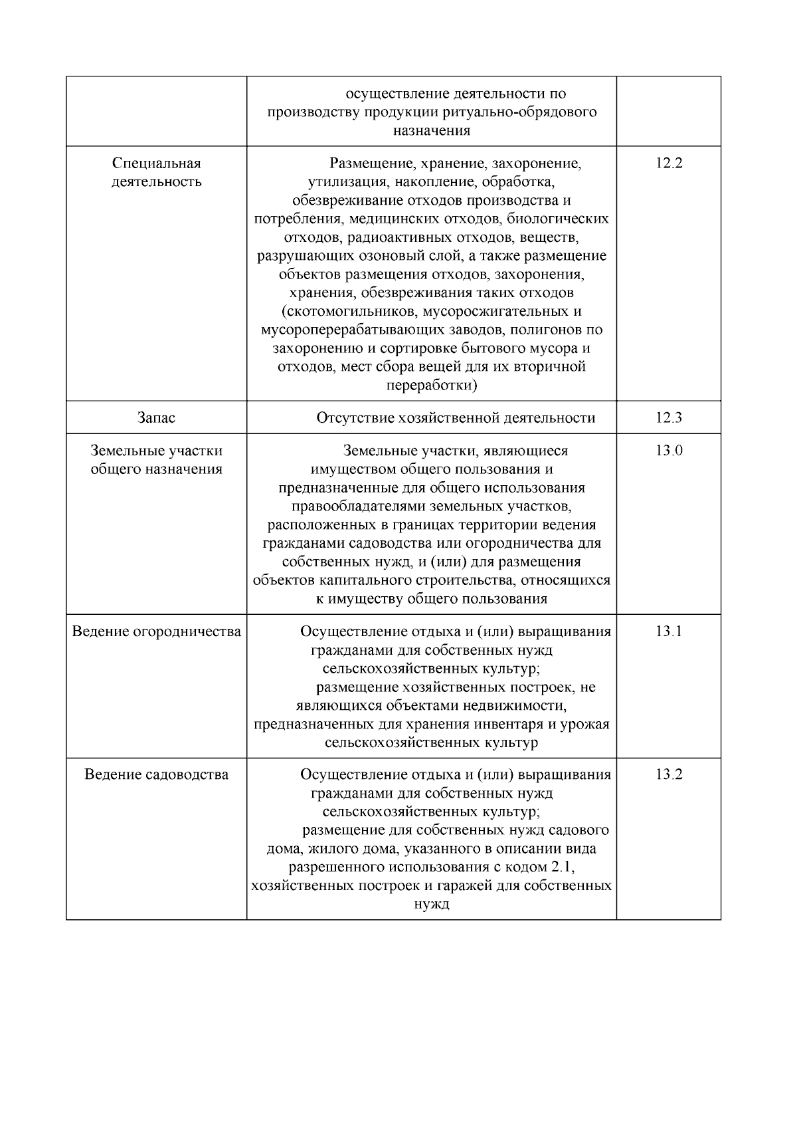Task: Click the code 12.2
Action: [x=668, y=163]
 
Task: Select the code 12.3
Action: [x=668, y=417]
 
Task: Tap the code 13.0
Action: [x=668, y=451]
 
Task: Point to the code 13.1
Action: [x=668, y=631]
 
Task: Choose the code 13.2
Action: [x=668, y=774]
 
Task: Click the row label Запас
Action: [x=156, y=417]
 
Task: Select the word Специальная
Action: [x=156, y=163]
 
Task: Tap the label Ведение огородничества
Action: [x=156, y=631]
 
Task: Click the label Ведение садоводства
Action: [x=156, y=774]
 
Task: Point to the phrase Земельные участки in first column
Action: [x=156, y=451]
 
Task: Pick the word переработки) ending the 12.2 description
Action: [x=432, y=386]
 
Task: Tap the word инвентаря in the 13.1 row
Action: [x=506, y=724]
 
